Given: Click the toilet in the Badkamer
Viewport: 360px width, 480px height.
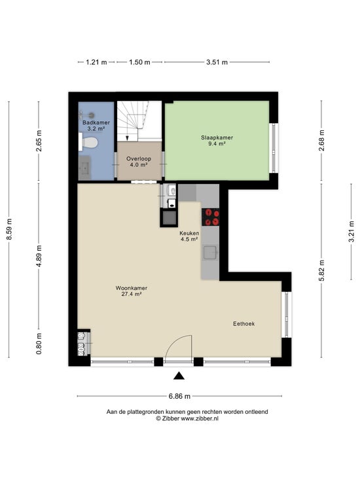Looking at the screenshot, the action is coord(88,142).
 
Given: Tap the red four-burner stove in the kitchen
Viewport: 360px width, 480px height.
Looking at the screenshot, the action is coord(210,217).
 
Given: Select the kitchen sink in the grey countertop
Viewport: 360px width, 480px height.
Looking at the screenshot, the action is coord(210,253).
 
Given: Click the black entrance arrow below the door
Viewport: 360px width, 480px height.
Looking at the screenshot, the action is coord(179,376).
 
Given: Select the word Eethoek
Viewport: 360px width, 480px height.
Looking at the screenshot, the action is coord(243,323).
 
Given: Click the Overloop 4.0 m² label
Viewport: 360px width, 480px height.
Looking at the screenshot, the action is coord(139,162).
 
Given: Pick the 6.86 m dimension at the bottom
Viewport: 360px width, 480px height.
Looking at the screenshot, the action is coord(179,396).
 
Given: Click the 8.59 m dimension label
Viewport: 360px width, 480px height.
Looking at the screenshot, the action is coord(9,230).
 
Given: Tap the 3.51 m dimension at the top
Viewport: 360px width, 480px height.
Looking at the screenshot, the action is coord(217,62).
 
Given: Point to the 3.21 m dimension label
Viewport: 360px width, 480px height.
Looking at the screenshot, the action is coord(351,231).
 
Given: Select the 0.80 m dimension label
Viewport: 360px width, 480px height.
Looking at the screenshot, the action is coord(39,344).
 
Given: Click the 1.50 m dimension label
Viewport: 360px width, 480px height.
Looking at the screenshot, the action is coord(139,62).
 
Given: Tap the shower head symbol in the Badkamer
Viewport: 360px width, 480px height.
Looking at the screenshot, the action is coord(91,115).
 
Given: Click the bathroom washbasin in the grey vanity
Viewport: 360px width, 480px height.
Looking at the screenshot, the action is coord(84,168).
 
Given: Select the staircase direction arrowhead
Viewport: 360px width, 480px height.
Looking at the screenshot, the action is coord(127,138).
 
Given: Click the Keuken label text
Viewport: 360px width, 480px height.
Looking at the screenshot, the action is coord(189,233).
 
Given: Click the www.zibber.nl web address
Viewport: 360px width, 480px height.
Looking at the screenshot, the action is coord(200,419).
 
